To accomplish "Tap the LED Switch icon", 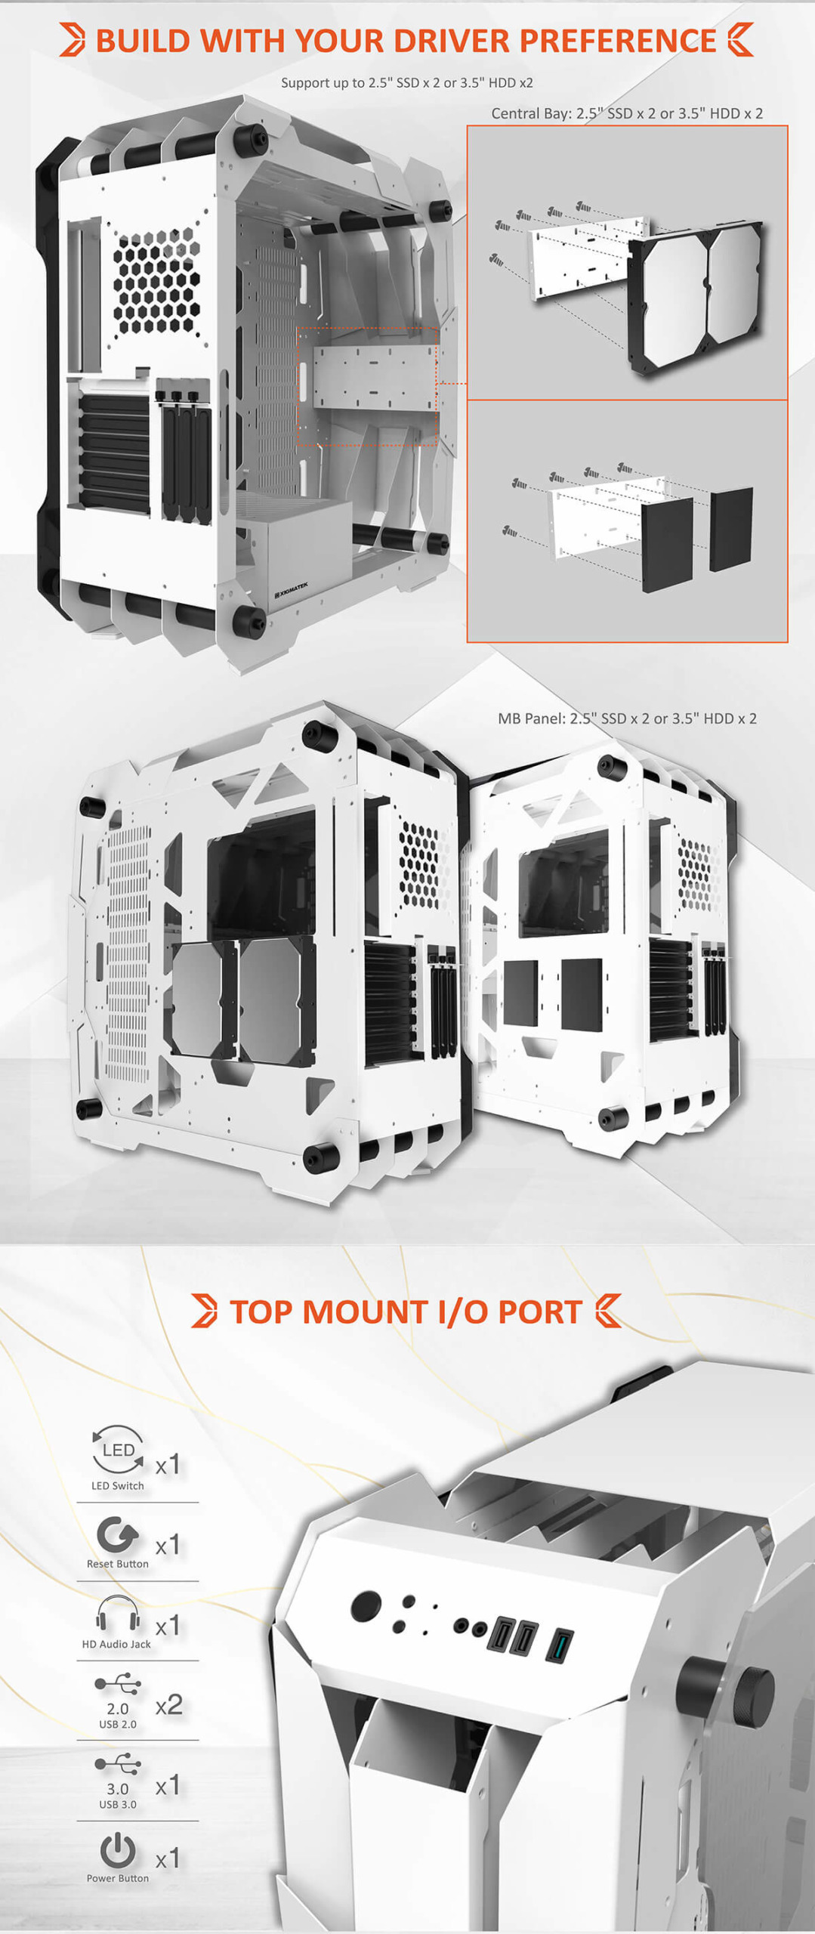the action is [x=118, y=1449].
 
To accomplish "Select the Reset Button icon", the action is [x=117, y=1536].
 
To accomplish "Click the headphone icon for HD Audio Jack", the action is [x=118, y=1614].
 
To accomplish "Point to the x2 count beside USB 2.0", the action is [x=168, y=1704].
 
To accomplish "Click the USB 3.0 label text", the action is [x=118, y=1804].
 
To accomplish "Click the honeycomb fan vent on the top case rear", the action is [x=156, y=282].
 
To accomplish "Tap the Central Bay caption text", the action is [x=627, y=113].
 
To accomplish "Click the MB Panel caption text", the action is [x=627, y=718].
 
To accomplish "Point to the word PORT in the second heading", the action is [x=540, y=1312].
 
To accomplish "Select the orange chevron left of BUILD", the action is [x=73, y=40].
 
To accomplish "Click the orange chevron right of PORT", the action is [x=608, y=1311].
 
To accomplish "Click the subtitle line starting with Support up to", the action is [x=407, y=82].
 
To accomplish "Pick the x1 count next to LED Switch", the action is [x=167, y=1465].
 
